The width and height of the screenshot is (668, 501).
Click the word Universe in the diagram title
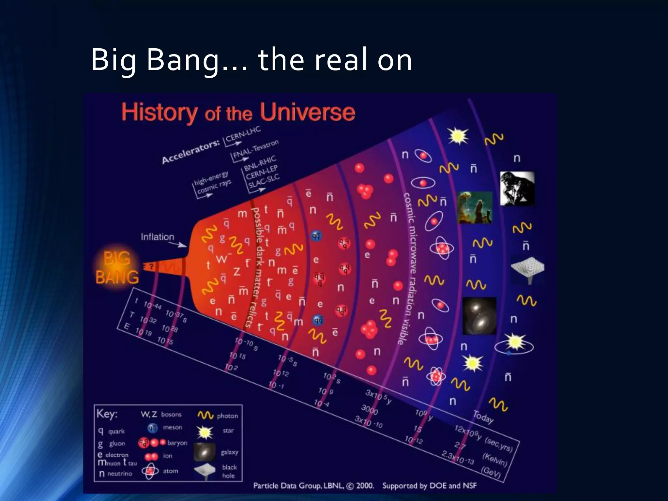[307, 113]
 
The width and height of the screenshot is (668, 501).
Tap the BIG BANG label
[117, 268]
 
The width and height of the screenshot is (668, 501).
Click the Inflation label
[157, 237]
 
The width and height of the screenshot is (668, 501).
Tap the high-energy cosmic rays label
[212, 183]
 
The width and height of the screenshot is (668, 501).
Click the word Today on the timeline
[483, 417]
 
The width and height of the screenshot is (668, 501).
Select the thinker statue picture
[517, 188]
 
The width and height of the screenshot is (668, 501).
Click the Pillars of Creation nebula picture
[475, 208]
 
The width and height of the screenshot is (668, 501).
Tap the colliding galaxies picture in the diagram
[479, 316]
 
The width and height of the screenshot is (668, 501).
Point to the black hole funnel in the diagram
[527, 269]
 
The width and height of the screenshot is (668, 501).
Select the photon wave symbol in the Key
[205, 415]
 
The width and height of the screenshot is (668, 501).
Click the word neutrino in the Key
[120, 474]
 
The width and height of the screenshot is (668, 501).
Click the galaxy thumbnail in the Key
[205, 452]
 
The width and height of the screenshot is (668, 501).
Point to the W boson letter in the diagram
[222, 259]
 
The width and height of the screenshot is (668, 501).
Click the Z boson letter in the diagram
[237, 271]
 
